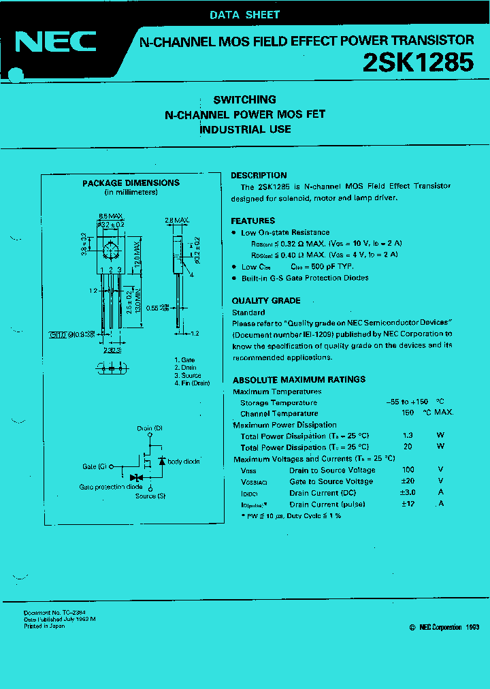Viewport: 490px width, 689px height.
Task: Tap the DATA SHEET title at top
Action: pyautogui.click(x=244, y=14)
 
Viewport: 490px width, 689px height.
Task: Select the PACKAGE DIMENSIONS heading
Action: pyautogui.click(x=131, y=182)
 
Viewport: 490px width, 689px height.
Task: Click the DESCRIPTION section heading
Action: pyautogui.click(x=259, y=175)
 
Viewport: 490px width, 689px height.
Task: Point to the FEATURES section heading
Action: pyautogui.click(x=252, y=221)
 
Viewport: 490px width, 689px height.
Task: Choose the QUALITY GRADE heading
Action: pyautogui.click(x=265, y=300)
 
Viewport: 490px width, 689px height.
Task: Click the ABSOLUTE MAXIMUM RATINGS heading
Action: pyautogui.click(x=299, y=379)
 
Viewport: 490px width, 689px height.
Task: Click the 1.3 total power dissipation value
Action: pyautogui.click(x=408, y=436)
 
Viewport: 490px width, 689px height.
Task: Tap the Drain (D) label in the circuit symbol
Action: pyautogui.click(x=149, y=428)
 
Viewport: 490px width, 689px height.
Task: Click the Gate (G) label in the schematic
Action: pyautogui.click(x=94, y=466)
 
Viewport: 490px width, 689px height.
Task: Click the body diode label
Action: pyautogui.click(x=183, y=462)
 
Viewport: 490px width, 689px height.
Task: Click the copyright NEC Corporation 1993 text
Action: pyautogui.click(x=445, y=627)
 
